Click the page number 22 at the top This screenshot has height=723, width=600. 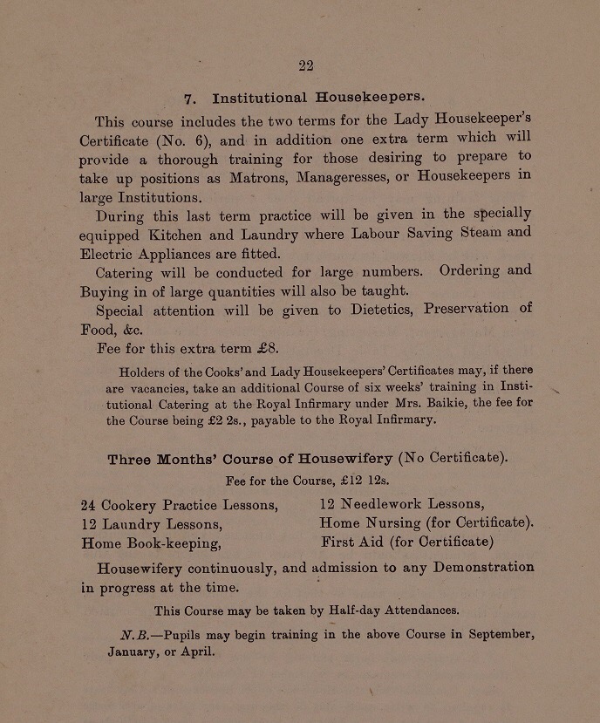click(x=305, y=65)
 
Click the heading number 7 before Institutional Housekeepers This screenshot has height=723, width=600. click(x=189, y=99)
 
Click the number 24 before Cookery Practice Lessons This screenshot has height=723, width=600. click(x=88, y=505)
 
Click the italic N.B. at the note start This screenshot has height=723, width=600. click(x=136, y=635)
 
